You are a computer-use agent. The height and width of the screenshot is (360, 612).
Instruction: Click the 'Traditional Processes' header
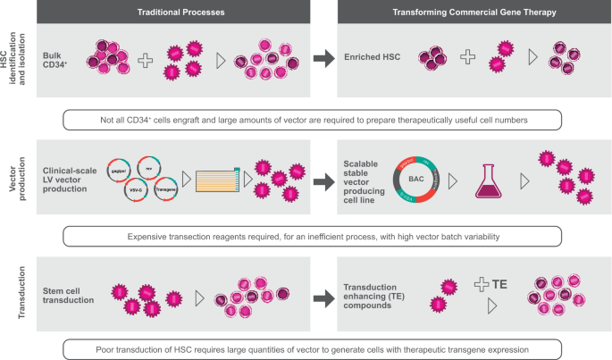[x=174, y=12]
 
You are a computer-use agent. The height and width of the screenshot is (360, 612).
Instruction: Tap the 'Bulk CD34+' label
[x=60, y=59]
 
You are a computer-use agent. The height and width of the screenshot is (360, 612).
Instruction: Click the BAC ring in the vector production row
[x=416, y=180]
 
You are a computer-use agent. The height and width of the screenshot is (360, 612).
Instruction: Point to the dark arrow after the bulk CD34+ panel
[x=323, y=59]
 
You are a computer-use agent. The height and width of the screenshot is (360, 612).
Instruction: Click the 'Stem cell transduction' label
[x=69, y=295]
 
